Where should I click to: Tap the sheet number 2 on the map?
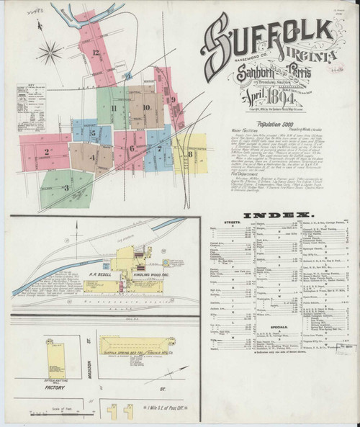[x=46, y=151]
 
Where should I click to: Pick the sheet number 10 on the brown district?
[x=145, y=108]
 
